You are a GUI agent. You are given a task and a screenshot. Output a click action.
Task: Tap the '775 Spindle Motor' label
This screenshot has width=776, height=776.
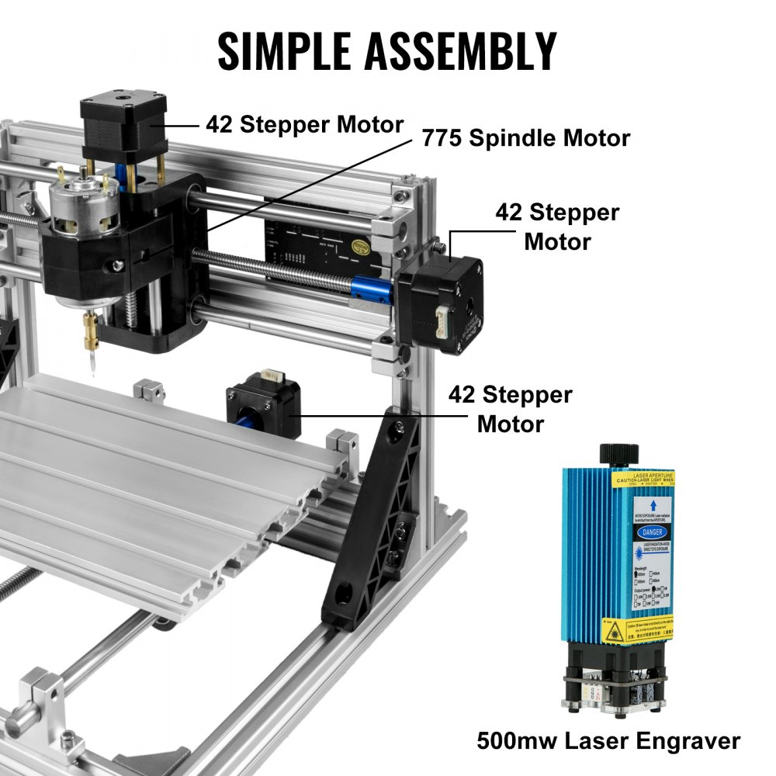pos(525,139)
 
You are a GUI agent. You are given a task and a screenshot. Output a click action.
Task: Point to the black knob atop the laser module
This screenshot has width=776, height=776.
pos(618,452)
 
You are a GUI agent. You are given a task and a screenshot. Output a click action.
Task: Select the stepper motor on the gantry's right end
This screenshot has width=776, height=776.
pos(440,305)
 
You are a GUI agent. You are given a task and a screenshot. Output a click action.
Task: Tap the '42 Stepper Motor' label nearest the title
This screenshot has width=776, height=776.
pos(304,124)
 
